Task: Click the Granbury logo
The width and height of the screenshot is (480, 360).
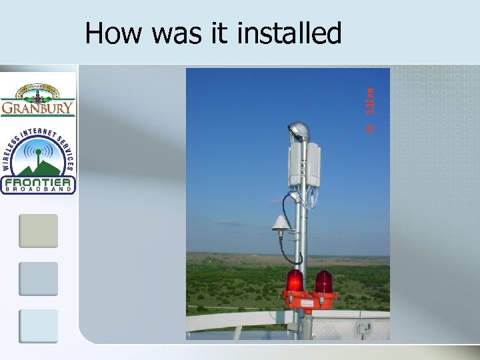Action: pos(38,99)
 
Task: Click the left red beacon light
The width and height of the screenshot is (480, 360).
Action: pos(294,280)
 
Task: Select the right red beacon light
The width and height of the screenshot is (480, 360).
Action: pos(323,281)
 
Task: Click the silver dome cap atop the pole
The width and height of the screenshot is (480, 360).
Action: pos(297,130)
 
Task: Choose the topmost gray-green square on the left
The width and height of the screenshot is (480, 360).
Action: pos(38,231)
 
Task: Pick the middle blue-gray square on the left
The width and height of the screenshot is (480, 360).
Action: pos(38,279)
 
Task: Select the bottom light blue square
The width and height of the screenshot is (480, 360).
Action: pos(38,326)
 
